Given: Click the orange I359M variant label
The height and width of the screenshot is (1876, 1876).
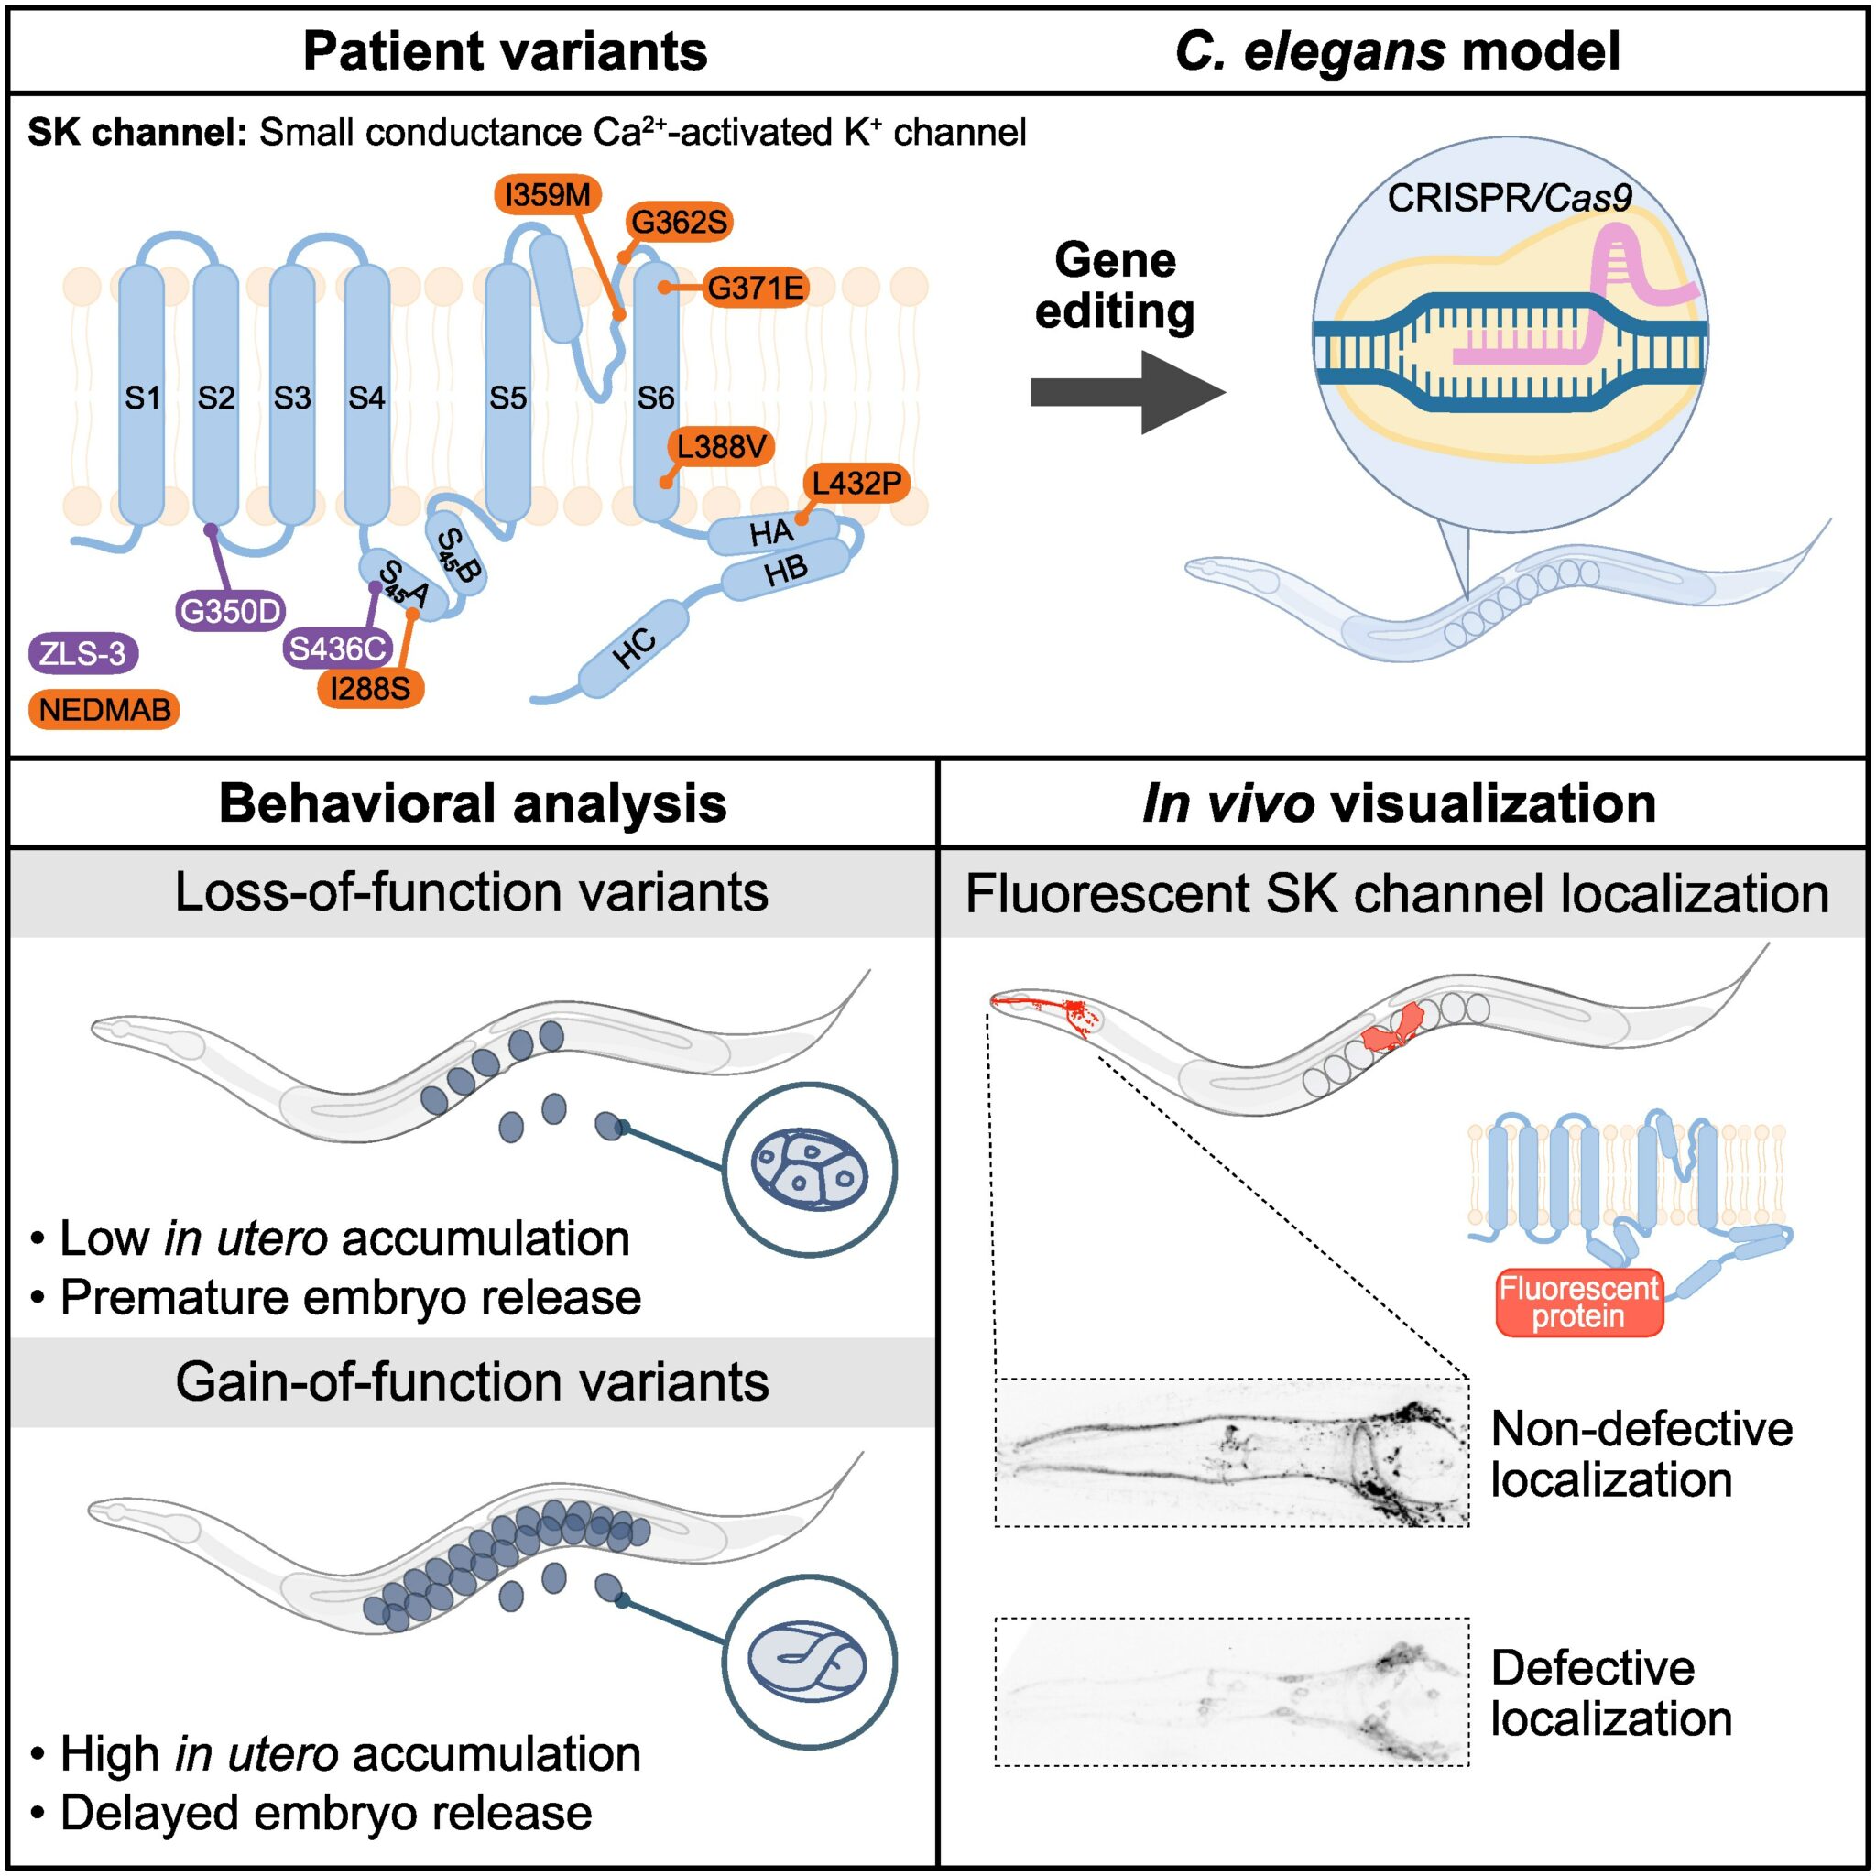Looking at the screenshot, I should pos(548,195).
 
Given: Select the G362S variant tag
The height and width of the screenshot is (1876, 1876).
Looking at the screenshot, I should pos(679,223).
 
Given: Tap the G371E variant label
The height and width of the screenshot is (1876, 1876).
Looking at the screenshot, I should pos(755,289).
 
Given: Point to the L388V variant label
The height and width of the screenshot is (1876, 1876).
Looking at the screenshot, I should pos(721,447).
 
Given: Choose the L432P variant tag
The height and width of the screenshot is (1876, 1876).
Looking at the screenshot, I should pos(856,483).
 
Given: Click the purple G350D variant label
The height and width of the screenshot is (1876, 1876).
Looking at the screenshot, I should pos(231,611).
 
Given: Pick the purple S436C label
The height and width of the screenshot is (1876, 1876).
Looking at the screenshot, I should pos(338,649).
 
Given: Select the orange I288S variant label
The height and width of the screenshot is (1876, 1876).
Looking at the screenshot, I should pos(370,689).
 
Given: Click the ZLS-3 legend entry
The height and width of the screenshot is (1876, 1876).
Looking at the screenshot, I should pos(83,653).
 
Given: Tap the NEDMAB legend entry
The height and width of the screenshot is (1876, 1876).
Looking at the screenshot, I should pos(104,710).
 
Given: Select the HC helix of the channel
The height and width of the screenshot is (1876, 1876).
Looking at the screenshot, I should pos(633,648).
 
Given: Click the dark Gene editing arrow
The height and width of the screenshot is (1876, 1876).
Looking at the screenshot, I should pos(1127,392).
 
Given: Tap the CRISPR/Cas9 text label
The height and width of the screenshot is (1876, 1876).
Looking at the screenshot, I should pos(1509,198).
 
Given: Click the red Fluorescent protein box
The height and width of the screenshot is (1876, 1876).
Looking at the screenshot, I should pos(1578,1303).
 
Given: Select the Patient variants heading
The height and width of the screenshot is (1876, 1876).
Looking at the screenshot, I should pos(505,51).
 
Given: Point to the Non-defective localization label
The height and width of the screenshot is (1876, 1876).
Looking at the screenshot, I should pos(1641,1455).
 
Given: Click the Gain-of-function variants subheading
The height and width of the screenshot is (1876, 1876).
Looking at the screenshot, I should pos(472,1381).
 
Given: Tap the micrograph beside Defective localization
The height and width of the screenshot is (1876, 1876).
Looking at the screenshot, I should pos(1231,1692).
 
